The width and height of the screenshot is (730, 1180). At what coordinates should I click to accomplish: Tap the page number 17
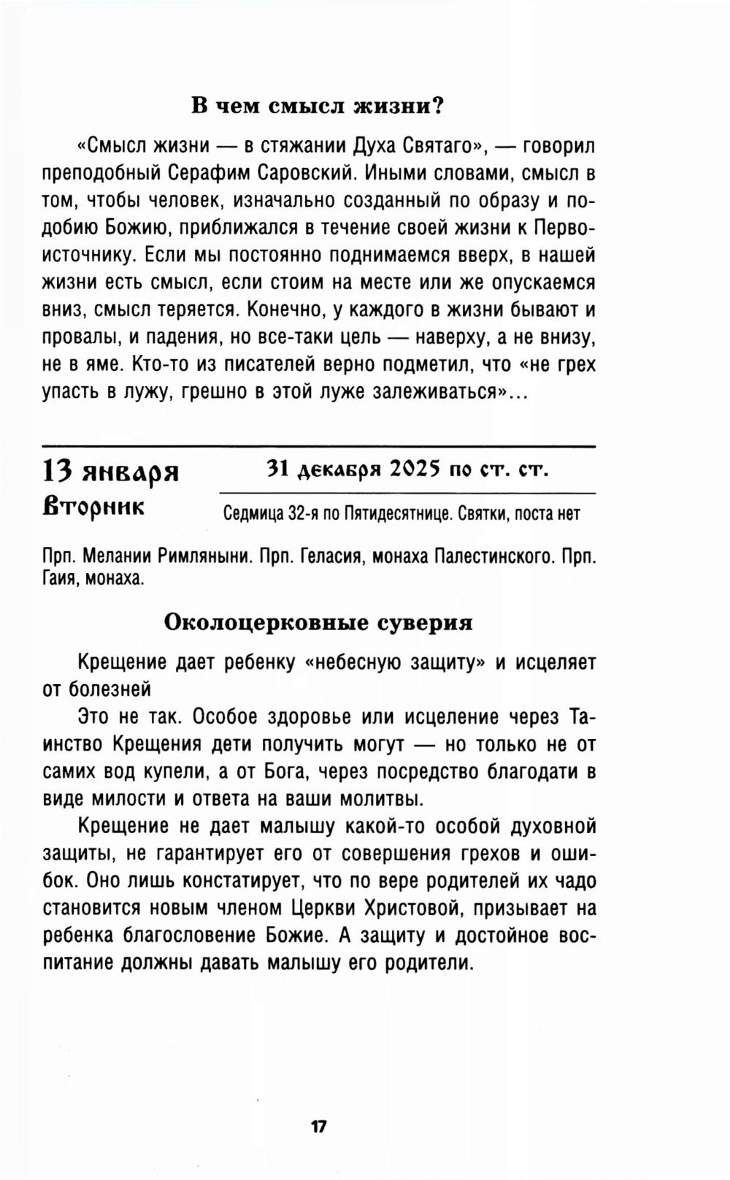click(x=318, y=1126)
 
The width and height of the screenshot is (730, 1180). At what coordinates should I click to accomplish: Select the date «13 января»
click(x=110, y=472)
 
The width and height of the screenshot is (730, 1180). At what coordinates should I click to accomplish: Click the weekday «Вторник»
click(x=93, y=506)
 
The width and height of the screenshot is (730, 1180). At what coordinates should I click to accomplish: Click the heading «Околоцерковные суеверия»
click(x=318, y=622)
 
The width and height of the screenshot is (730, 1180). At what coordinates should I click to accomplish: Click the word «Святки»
click(x=485, y=514)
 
